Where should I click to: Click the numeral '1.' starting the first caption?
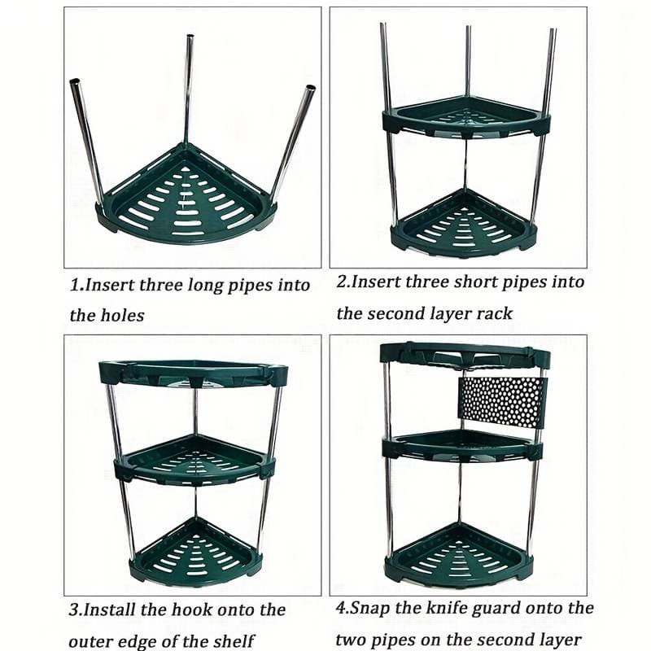point(76,286)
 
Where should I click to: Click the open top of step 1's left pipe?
point(75,83)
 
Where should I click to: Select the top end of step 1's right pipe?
point(310,89)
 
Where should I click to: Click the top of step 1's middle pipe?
point(190,38)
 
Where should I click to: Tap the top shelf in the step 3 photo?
point(194,372)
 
